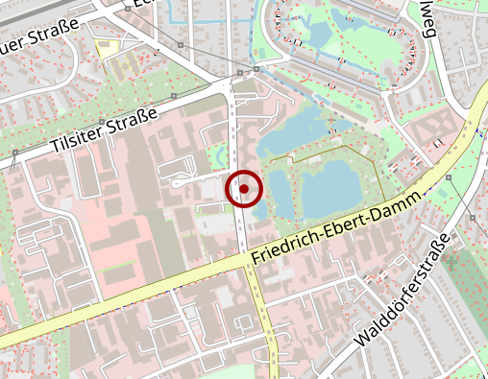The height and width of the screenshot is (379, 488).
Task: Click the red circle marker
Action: click(244, 189)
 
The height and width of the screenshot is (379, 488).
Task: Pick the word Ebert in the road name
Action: click(343, 219)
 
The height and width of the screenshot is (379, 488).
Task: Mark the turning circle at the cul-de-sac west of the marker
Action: click(179, 180)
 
